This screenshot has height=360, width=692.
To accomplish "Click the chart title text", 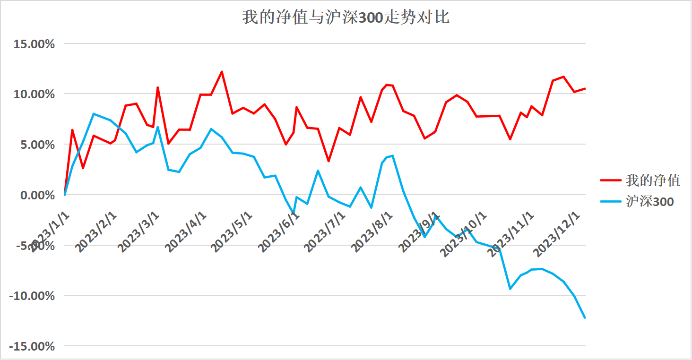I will coord(346,17).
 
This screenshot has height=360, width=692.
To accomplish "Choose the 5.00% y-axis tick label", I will coord(37,145).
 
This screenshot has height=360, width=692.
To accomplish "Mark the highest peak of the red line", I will coord(222,72).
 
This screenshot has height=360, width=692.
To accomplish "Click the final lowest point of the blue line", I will coord(585,317).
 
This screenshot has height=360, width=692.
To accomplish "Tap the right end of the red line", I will coord(585,88).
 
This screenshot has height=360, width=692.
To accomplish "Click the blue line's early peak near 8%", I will coord(94,114).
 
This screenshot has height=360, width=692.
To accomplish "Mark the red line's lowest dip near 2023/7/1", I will coord(329,162).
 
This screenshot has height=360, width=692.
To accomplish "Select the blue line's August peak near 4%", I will coord(392,156).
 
